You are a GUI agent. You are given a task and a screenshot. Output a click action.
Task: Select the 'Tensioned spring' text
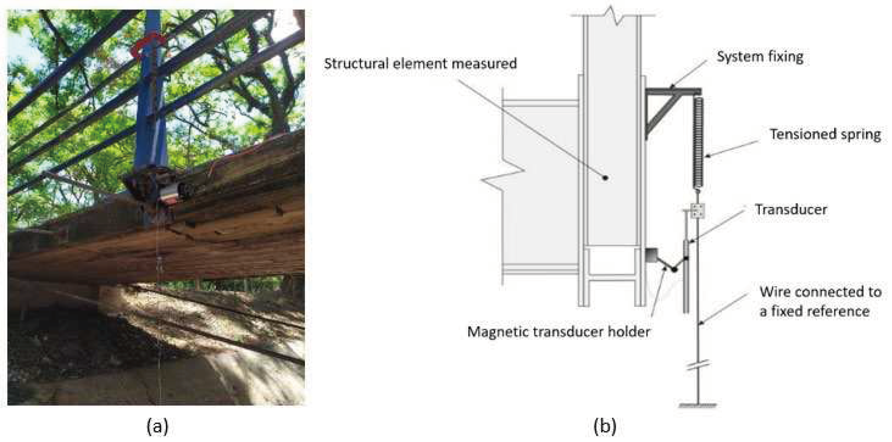825,135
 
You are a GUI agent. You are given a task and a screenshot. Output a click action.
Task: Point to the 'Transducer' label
791,210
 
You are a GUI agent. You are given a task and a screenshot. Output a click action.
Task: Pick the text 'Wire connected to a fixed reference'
820,302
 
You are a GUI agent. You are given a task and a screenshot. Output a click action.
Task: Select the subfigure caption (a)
158,426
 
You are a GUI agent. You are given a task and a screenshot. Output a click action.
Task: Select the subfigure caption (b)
605,426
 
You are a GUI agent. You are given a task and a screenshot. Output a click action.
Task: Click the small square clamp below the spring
698,211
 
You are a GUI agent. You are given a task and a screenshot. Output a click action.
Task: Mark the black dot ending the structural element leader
605,178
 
